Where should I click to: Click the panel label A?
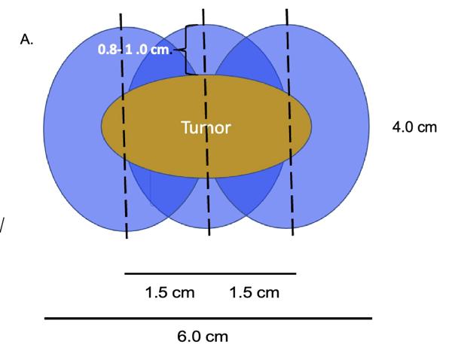26,41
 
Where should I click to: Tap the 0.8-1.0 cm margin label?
135,50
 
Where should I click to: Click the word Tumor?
206,128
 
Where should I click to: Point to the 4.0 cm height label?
414,127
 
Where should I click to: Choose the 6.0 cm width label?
203,336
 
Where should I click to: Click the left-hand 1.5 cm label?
169,292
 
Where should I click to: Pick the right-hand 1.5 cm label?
254,292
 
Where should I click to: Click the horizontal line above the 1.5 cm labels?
210,273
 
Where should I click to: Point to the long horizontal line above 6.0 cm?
208,319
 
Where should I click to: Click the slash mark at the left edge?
2,224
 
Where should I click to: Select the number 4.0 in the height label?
403,127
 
